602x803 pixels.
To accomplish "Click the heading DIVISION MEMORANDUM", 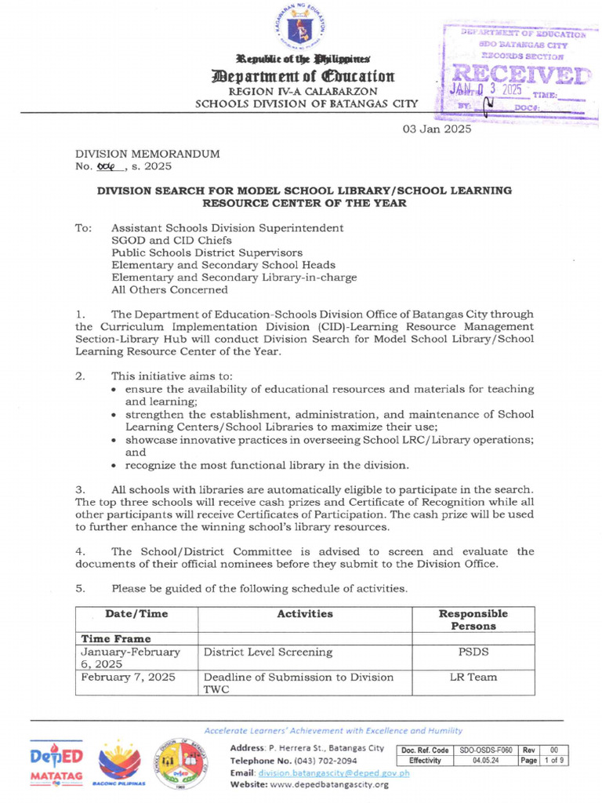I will point(147,154).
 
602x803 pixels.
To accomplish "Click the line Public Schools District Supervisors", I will point(206,253).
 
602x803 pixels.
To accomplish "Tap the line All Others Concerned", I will point(169,290).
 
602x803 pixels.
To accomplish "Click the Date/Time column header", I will point(136,614).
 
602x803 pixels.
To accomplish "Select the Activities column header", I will point(305,614).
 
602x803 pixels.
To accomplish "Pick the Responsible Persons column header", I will point(473,620).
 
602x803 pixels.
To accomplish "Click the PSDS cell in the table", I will point(473,652).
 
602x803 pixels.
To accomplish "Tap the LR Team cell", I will point(473,677).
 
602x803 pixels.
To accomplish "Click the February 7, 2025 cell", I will point(129,677).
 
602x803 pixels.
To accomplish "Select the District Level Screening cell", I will point(268,652).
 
